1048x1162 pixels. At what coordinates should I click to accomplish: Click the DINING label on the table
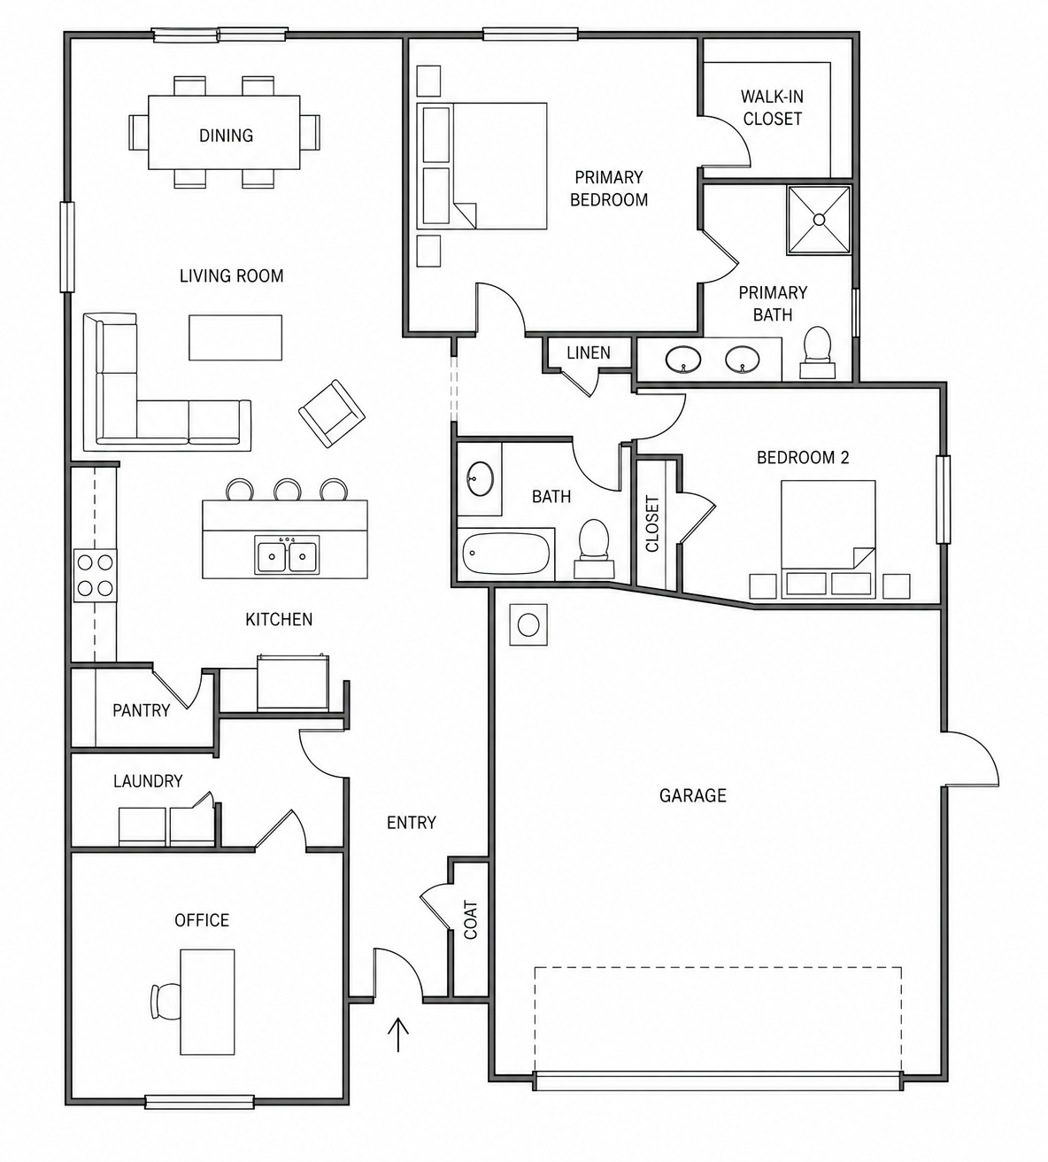(x=226, y=136)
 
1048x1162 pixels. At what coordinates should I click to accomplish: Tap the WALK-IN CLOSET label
(x=772, y=107)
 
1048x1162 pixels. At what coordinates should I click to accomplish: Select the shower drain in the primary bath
(x=819, y=220)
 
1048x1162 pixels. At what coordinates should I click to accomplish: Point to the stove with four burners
(x=96, y=575)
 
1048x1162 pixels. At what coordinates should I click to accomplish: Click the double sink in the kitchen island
(x=287, y=554)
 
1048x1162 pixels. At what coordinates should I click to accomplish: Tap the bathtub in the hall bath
(x=505, y=554)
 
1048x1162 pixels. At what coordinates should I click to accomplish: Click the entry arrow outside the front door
(x=398, y=1034)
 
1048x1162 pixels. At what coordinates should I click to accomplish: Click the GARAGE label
(x=692, y=795)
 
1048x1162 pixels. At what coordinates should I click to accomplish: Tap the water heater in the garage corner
(x=528, y=625)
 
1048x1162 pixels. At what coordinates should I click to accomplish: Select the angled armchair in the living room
(x=332, y=414)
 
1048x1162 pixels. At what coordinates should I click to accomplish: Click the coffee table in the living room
(x=235, y=337)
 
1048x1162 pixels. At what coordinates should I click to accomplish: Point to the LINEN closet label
(x=589, y=352)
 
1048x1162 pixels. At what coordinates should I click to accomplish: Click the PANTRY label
(x=142, y=710)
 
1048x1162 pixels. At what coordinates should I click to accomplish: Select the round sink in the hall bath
(x=480, y=479)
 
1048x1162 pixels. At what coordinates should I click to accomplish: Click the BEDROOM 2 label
(x=803, y=458)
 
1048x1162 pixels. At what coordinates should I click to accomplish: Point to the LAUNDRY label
(x=148, y=781)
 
